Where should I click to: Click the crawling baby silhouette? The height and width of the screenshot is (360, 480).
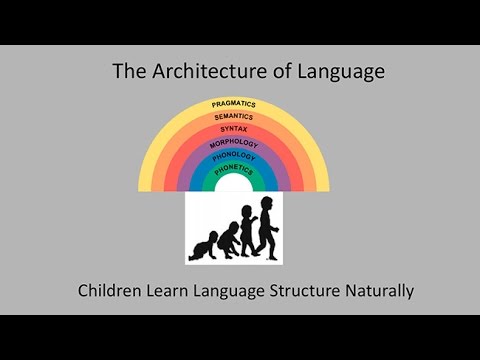coord(203,246)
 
